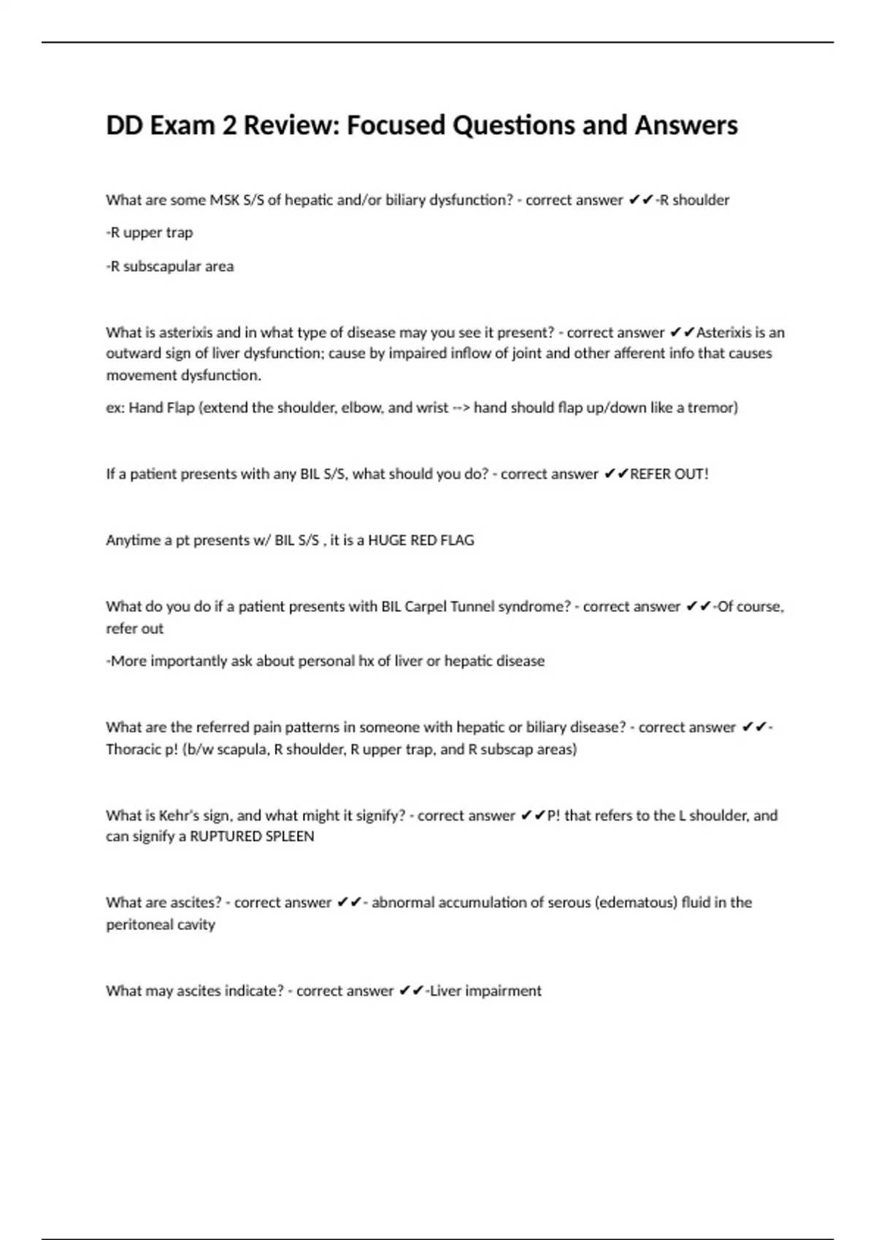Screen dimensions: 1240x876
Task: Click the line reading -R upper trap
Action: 150,233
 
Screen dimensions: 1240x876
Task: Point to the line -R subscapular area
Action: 170,266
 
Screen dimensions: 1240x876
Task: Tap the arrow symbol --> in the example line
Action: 461,408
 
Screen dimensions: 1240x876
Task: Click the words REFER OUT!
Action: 669,474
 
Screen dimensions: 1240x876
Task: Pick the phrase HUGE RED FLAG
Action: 420,540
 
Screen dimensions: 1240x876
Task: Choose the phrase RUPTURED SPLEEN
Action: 252,837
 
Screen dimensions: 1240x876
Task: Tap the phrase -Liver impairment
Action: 483,991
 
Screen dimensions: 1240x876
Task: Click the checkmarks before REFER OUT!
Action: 616,474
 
